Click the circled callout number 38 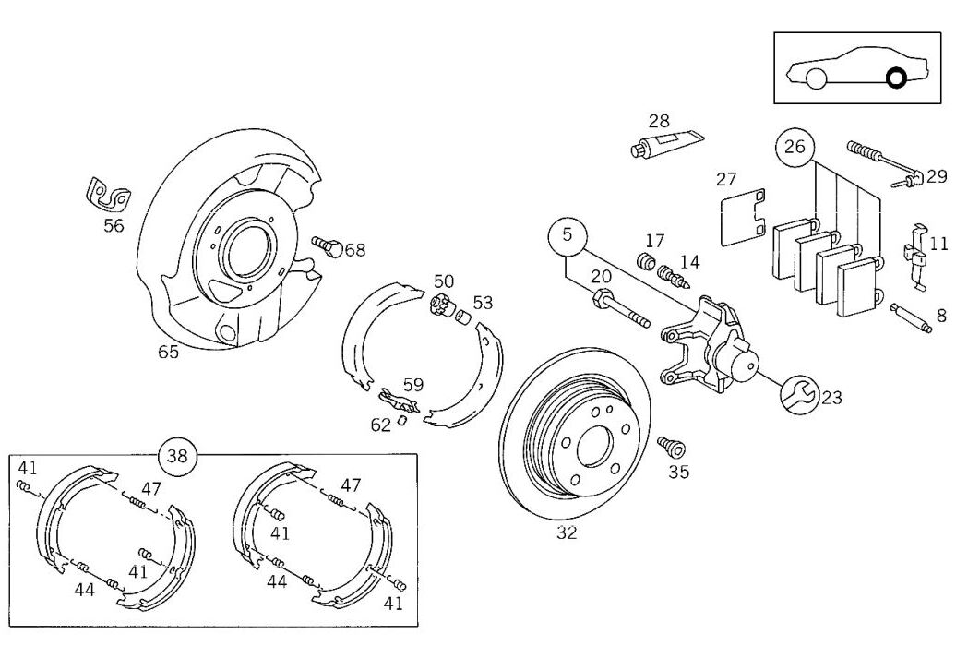[178, 455]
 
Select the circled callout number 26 [795, 147]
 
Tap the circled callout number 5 [567, 236]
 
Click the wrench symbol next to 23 [796, 394]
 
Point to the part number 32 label [567, 532]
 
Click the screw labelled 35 [671, 449]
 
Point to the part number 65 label [168, 351]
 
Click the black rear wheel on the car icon [895, 78]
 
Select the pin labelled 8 [908, 311]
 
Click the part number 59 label [412, 385]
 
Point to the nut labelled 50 [440, 304]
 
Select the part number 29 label [937, 177]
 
